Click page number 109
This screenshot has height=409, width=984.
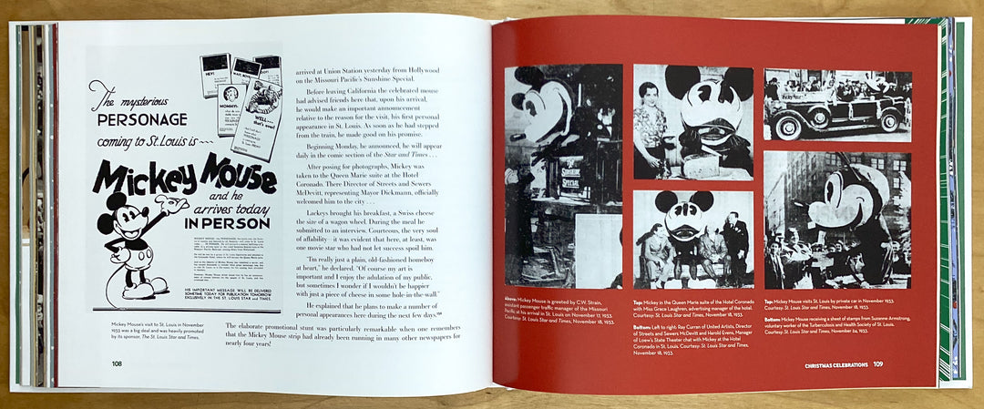click(x=877, y=365)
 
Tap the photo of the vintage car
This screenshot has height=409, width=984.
click(x=836, y=104)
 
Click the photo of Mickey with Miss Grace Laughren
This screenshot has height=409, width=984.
click(x=692, y=120)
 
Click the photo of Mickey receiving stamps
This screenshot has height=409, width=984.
click(x=836, y=219)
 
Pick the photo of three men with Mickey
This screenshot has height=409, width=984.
click(x=692, y=239)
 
